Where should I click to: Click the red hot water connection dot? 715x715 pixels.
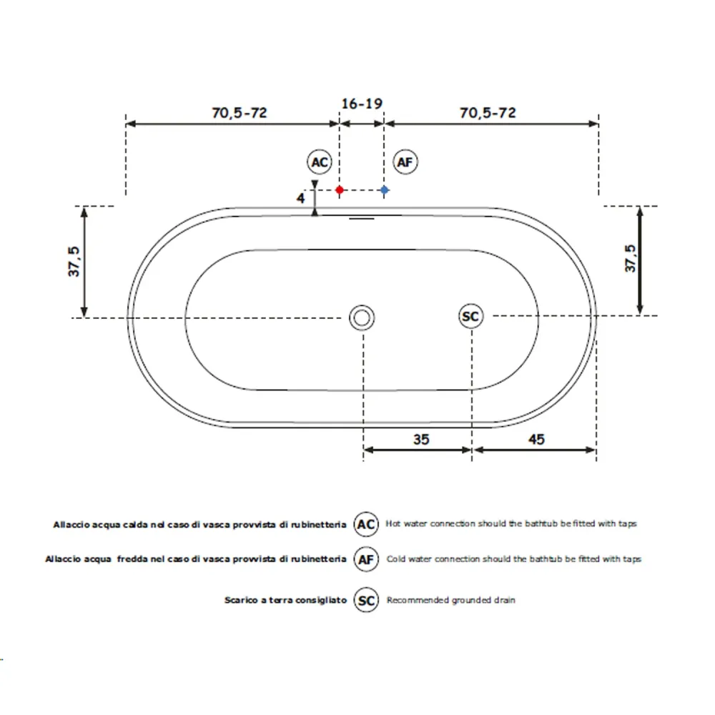pos(339,189)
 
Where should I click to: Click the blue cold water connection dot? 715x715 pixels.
pos(385,189)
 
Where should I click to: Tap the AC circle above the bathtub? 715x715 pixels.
pos(319,162)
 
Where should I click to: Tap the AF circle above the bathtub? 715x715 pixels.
pos(405,162)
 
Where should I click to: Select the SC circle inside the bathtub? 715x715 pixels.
pos(470,316)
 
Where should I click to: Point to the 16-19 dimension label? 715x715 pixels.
pos(362,104)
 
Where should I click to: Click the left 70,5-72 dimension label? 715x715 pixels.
pos(240,113)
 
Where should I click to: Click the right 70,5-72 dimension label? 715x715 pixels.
pos(488,113)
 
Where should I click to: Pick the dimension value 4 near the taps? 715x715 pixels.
pos(300,198)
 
